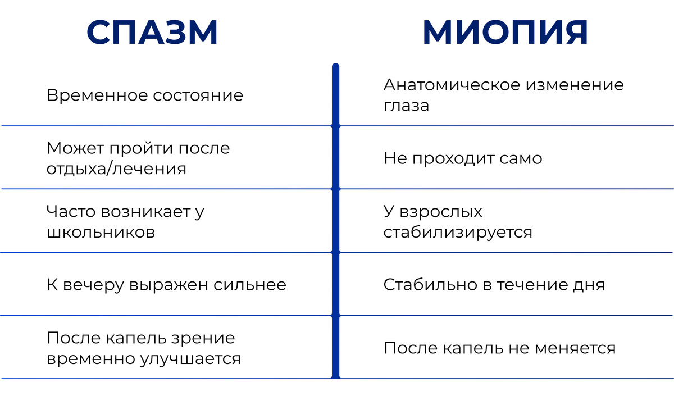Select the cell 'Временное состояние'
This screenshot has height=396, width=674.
pos(145,95)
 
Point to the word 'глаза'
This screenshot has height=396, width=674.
pos(406,106)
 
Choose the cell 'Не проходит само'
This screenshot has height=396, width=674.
pos(463,158)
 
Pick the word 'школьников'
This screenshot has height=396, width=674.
pos(101,233)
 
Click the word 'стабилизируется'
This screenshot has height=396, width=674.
pos(458,233)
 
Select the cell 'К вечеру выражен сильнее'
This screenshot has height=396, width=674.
pos(166,285)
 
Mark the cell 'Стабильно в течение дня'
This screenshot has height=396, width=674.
pos(494,285)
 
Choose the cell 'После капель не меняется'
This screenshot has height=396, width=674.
pos(499,348)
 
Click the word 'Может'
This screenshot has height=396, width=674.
pos(74,149)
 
